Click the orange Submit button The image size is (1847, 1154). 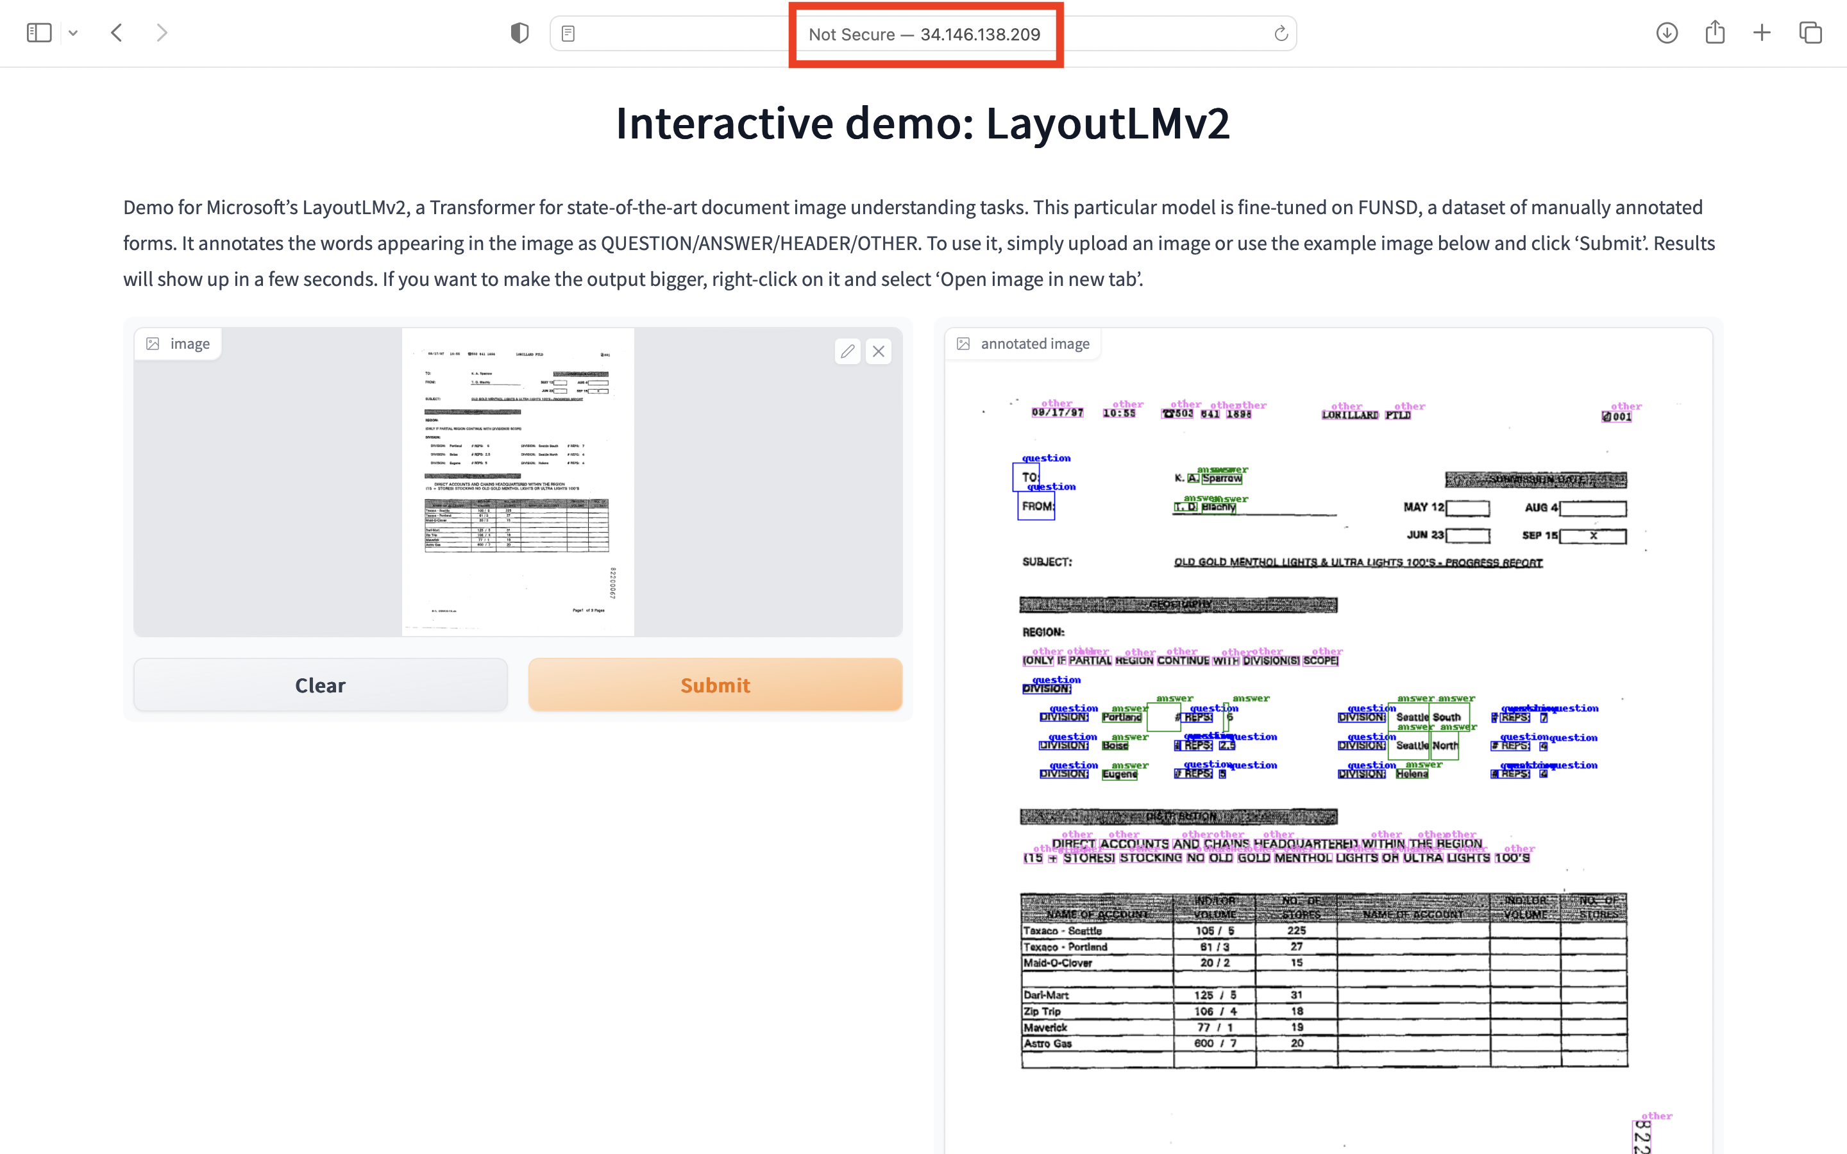(715, 685)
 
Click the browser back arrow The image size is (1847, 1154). (117, 33)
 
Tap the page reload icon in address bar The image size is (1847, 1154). (1281, 33)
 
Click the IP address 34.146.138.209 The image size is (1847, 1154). (980, 35)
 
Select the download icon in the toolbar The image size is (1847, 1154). (1667, 33)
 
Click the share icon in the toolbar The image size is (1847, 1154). (1715, 32)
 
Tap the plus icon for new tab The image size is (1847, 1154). (1762, 33)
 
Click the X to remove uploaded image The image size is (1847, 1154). (879, 351)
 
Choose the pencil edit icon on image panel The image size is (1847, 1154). (847, 351)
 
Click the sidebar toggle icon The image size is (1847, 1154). (39, 33)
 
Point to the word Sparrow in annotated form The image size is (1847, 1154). (1222, 478)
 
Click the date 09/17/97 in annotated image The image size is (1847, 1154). (1057, 413)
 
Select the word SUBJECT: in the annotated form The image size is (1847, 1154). (1047, 562)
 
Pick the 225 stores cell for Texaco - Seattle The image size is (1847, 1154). (1296, 930)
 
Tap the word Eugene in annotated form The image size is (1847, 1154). (1120, 774)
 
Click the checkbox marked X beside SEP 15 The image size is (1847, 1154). (1593, 536)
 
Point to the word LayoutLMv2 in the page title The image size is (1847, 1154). (1108, 123)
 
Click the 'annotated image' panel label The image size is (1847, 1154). (1034, 344)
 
